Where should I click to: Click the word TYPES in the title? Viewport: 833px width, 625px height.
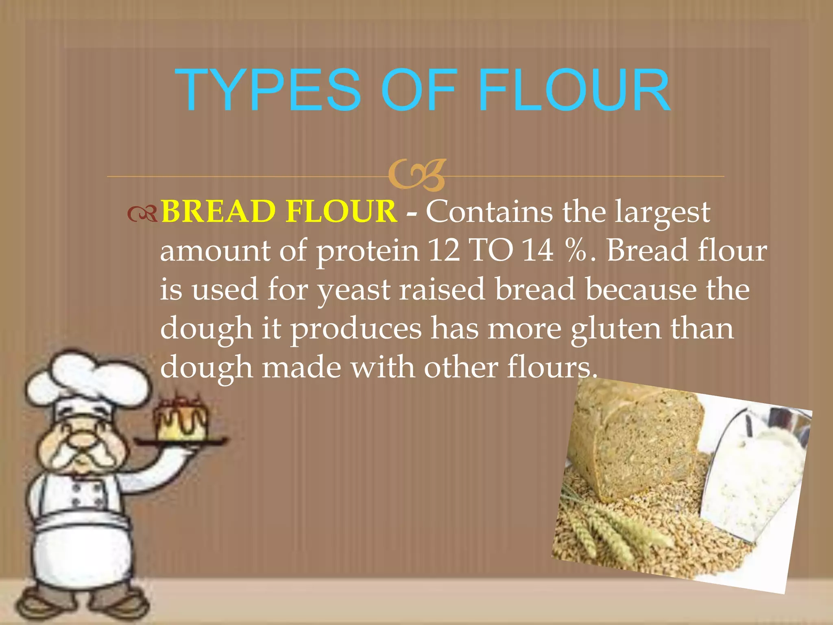click(268, 90)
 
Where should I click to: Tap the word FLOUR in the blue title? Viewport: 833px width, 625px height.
click(574, 90)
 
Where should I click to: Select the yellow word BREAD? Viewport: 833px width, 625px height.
click(218, 212)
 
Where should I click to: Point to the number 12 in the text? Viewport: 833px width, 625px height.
click(444, 250)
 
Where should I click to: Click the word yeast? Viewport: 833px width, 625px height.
click(354, 290)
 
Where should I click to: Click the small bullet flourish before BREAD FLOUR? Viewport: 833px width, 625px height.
click(142, 214)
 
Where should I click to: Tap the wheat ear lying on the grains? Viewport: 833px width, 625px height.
click(610, 525)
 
